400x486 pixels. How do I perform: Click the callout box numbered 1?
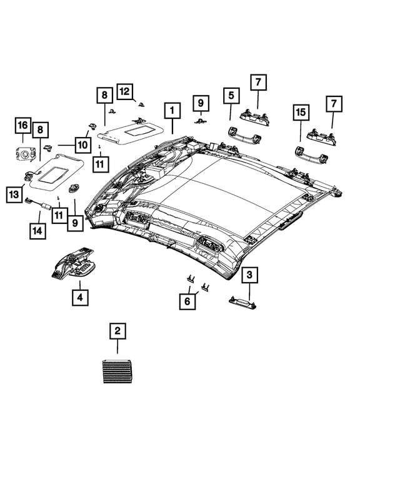click(x=169, y=111)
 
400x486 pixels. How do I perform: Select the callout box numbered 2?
click(x=117, y=332)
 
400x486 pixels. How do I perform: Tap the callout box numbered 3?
click(x=249, y=275)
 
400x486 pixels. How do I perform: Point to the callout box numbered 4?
click(x=79, y=296)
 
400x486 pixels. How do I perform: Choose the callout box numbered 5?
click(x=231, y=96)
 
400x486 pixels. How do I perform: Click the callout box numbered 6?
click(x=187, y=301)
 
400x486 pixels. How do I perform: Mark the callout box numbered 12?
click(x=124, y=92)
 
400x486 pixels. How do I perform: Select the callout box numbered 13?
click(x=15, y=196)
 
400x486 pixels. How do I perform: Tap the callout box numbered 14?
click(x=39, y=231)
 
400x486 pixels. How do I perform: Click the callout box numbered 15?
click(x=301, y=113)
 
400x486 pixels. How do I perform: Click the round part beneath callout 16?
click(x=25, y=152)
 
